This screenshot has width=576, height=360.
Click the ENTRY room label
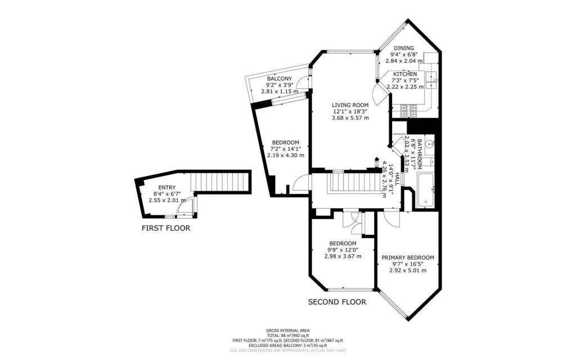tap(166, 188)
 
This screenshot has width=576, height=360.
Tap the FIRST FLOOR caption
tap(165, 228)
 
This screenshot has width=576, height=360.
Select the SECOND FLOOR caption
tap(337, 302)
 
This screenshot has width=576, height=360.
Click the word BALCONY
tap(279, 78)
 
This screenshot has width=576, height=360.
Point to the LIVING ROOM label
tap(350, 105)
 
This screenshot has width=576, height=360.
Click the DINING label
tap(403, 48)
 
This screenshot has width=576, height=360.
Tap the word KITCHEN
tap(405, 74)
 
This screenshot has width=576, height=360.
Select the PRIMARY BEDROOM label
tap(408, 258)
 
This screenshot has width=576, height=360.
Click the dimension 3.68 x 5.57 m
tap(350, 118)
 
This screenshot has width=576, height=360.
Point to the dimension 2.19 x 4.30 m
tap(285, 155)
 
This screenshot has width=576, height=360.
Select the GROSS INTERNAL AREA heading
tap(287, 331)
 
